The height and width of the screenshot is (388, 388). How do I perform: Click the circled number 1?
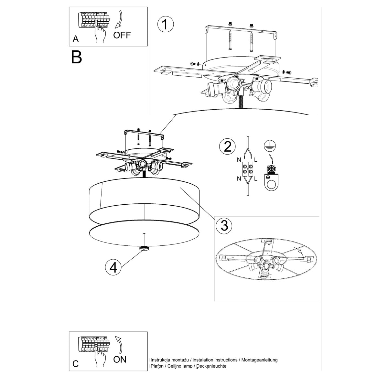coord(165,24)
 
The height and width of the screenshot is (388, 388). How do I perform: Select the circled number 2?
coord(228,146)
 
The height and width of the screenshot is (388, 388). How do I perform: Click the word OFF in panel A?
coord(122,35)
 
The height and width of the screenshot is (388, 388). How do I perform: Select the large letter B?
coord(77,57)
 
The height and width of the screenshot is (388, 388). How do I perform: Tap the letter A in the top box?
coord(76,39)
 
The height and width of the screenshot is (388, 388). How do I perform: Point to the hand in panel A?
coord(101,34)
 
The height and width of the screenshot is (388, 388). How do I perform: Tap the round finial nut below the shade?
coord(144,248)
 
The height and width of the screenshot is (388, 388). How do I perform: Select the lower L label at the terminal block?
coord(255,178)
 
